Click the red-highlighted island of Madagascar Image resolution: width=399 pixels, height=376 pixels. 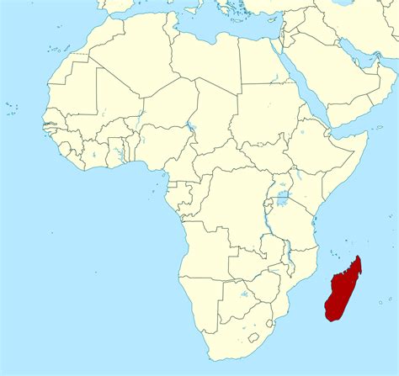click(x=343, y=290)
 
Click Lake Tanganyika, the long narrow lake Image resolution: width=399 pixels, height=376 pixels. click(x=265, y=224)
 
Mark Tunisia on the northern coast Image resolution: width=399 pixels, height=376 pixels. click(x=173, y=25)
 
